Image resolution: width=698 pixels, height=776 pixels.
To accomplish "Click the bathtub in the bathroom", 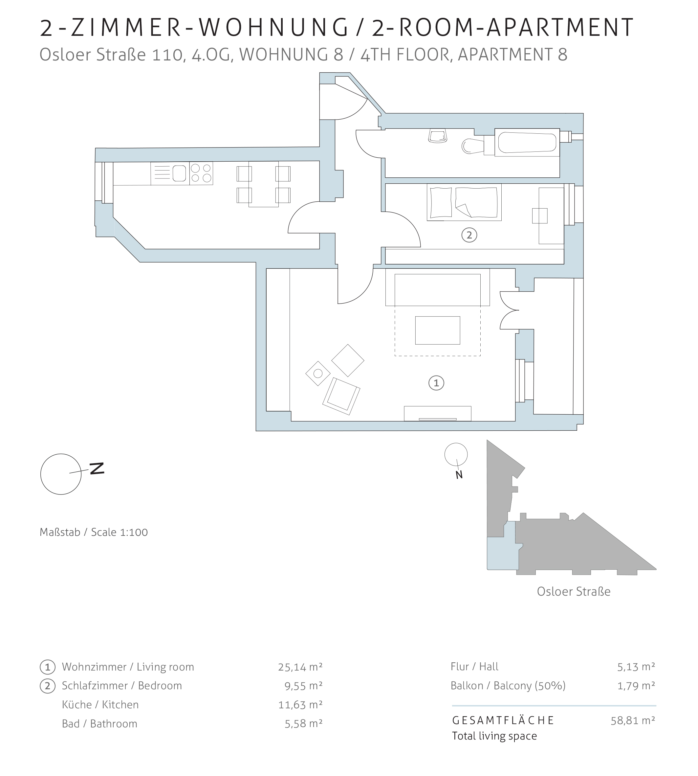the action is click(527, 142).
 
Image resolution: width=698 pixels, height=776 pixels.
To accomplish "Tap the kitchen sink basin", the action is click(179, 173).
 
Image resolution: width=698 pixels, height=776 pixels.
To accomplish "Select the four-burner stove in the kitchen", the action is click(201, 173).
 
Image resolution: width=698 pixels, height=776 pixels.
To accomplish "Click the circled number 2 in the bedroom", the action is click(469, 235).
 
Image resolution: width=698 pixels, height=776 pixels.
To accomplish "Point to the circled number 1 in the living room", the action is click(436, 383).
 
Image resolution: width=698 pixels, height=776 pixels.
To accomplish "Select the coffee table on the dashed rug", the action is click(438, 330).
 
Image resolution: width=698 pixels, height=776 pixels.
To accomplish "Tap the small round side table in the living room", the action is click(318, 373).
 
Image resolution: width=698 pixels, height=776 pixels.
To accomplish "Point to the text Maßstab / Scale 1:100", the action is click(94, 532).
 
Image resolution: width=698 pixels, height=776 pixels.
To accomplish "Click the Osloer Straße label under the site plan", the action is click(573, 591).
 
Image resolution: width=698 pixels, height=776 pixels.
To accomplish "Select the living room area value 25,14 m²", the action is click(300, 667).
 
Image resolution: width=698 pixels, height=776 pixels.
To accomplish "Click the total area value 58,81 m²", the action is click(633, 720).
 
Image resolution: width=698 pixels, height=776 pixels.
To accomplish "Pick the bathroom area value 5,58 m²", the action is click(304, 723).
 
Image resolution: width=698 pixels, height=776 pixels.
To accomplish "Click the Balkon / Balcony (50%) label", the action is click(508, 686).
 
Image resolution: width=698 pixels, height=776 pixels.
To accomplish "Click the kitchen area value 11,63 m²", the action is click(300, 705).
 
